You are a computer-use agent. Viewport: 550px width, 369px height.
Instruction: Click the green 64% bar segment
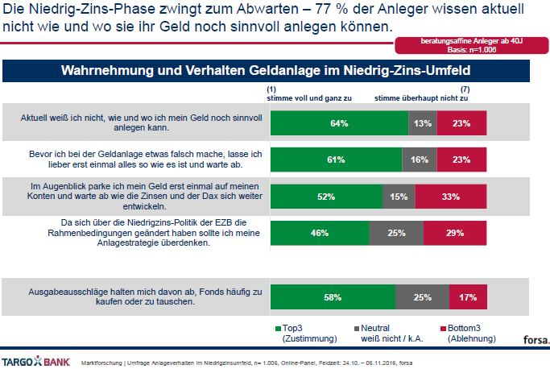(x=339, y=123)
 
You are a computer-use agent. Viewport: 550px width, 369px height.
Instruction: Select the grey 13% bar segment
(x=422, y=123)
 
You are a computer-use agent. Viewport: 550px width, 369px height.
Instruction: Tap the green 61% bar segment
(x=336, y=160)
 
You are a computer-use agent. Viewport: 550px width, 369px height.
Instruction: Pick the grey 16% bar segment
(x=419, y=160)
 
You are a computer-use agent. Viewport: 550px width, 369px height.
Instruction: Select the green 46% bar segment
(x=319, y=233)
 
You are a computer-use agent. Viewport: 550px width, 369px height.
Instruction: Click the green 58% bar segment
(x=333, y=296)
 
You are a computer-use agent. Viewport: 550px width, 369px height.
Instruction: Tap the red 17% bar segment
(x=468, y=296)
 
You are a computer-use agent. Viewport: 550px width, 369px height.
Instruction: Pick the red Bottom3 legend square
(x=442, y=329)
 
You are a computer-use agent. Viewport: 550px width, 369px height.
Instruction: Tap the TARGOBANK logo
(x=35, y=359)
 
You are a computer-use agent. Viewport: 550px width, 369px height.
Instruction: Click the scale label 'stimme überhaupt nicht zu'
(x=421, y=97)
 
